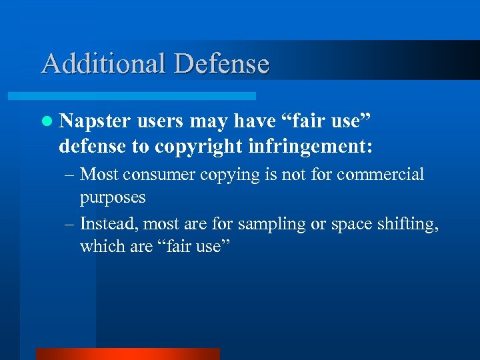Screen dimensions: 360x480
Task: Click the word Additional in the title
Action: [104, 63]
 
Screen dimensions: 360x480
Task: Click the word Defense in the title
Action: [222, 63]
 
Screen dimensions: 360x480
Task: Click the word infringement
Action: [309, 145]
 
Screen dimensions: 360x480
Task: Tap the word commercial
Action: [380, 175]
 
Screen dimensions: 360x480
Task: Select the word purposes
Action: [113, 198]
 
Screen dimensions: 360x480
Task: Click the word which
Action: [97, 246]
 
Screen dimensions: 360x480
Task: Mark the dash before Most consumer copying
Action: [69, 175]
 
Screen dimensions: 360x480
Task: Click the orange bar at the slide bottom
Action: [127, 354]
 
